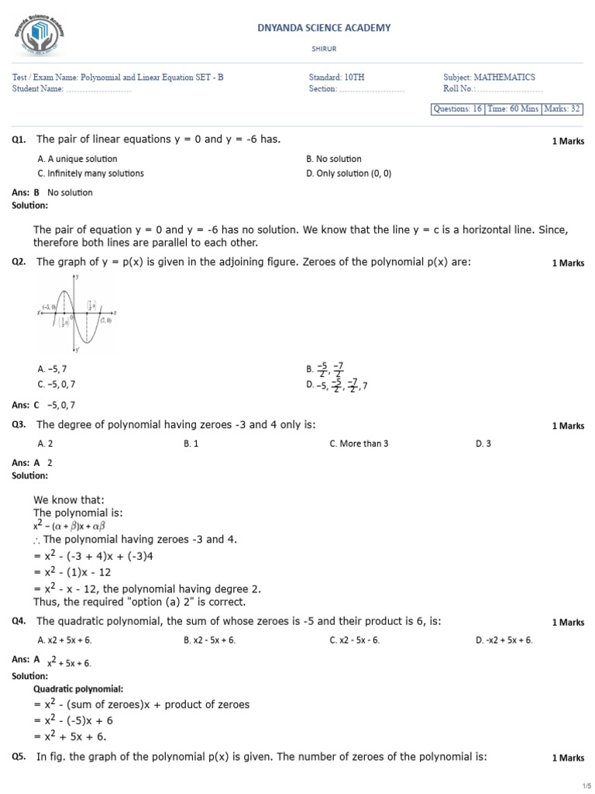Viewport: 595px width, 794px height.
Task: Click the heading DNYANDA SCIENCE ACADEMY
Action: [324, 28]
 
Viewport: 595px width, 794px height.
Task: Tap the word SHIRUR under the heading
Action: [324, 47]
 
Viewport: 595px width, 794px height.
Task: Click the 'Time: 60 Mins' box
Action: [513, 109]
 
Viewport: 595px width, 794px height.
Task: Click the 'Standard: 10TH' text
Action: [336, 78]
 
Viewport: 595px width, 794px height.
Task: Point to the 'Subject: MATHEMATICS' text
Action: [489, 78]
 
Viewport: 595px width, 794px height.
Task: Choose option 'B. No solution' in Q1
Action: [334, 159]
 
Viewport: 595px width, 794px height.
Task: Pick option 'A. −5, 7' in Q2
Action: [57, 370]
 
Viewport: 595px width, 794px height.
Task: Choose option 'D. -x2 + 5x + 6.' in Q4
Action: [504, 640]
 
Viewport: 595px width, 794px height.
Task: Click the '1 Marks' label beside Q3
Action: [568, 426]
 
